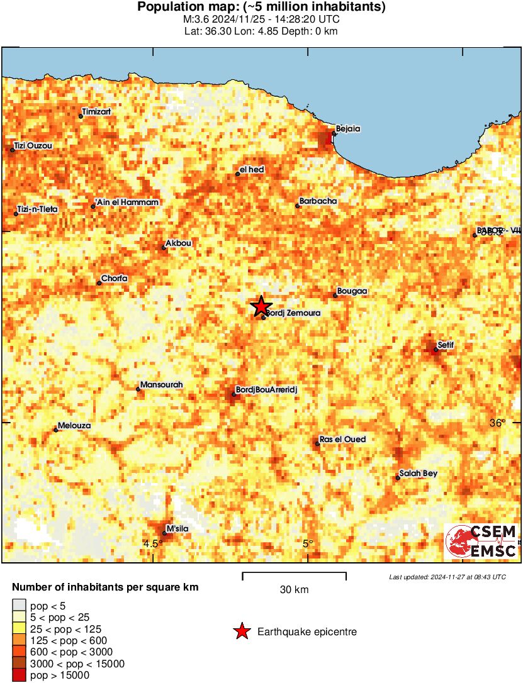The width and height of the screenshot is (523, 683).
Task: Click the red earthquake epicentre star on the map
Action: tap(261, 306)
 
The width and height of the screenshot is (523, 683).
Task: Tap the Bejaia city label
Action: tap(348, 128)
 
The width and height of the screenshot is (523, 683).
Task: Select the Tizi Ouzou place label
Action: tap(33, 146)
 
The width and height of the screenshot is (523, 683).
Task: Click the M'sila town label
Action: tap(177, 528)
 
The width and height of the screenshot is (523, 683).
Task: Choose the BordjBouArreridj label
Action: tap(266, 390)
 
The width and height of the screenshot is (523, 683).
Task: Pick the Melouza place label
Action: tap(74, 426)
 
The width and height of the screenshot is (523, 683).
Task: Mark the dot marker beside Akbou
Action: tap(164, 247)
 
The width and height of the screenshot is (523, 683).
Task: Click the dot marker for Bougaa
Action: tap(335, 295)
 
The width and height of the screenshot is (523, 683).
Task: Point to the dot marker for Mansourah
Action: tap(138, 389)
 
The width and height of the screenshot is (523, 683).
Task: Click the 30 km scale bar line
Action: tap(295, 574)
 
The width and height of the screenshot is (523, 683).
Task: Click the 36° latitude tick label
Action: tap(497, 423)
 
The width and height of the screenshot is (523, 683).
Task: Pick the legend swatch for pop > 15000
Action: tap(19, 675)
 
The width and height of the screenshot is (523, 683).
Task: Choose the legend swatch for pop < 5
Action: tap(19, 605)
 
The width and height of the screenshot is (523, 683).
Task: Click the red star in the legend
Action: tap(242, 632)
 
